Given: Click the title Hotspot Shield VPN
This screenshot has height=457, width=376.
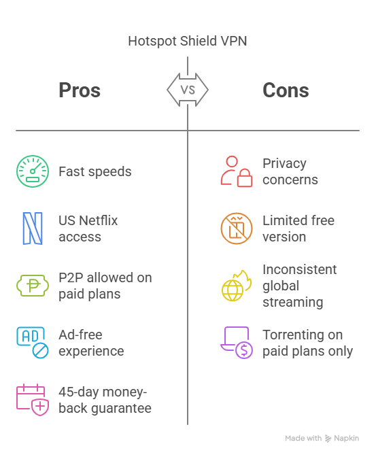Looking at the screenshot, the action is [x=188, y=41].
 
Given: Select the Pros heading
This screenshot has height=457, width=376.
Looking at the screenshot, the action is [x=80, y=90].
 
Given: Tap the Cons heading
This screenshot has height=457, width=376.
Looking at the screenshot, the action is [x=286, y=90].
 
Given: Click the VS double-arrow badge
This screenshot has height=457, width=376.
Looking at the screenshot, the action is [x=188, y=90].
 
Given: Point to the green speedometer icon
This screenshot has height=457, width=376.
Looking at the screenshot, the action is [x=33, y=171].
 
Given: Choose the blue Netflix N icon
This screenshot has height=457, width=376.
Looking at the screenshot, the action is [x=33, y=228].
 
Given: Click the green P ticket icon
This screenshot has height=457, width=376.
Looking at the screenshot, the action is [x=33, y=286].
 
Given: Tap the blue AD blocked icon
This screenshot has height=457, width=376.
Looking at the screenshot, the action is [x=33, y=343].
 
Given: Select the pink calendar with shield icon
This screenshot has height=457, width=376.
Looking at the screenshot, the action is [x=33, y=400].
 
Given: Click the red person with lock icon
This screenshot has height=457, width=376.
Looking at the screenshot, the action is [x=237, y=171].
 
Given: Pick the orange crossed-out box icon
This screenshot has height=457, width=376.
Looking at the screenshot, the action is [x=237, y=228].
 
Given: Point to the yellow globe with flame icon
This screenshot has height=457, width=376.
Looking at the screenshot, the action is [x=237, y=286].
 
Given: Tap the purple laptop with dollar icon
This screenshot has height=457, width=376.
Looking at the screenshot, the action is [x=237, y=343].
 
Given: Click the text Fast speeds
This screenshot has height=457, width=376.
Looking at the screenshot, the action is [x=95, y=171].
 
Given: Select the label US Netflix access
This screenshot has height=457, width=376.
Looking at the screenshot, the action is [x=88, y=228].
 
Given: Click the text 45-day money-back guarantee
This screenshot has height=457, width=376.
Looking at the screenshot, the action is [x=105, y=400].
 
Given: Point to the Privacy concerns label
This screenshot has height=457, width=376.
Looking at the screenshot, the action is [x=290, y=171].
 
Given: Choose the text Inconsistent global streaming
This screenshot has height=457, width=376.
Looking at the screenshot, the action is [x=300, y=286].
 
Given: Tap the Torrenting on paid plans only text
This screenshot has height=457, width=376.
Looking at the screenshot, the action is [x=308, y=343].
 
